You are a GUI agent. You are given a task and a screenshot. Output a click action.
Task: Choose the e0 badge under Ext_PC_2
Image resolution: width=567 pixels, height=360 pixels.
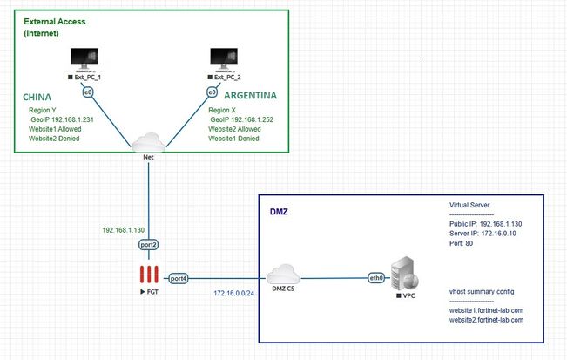[212, 91]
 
